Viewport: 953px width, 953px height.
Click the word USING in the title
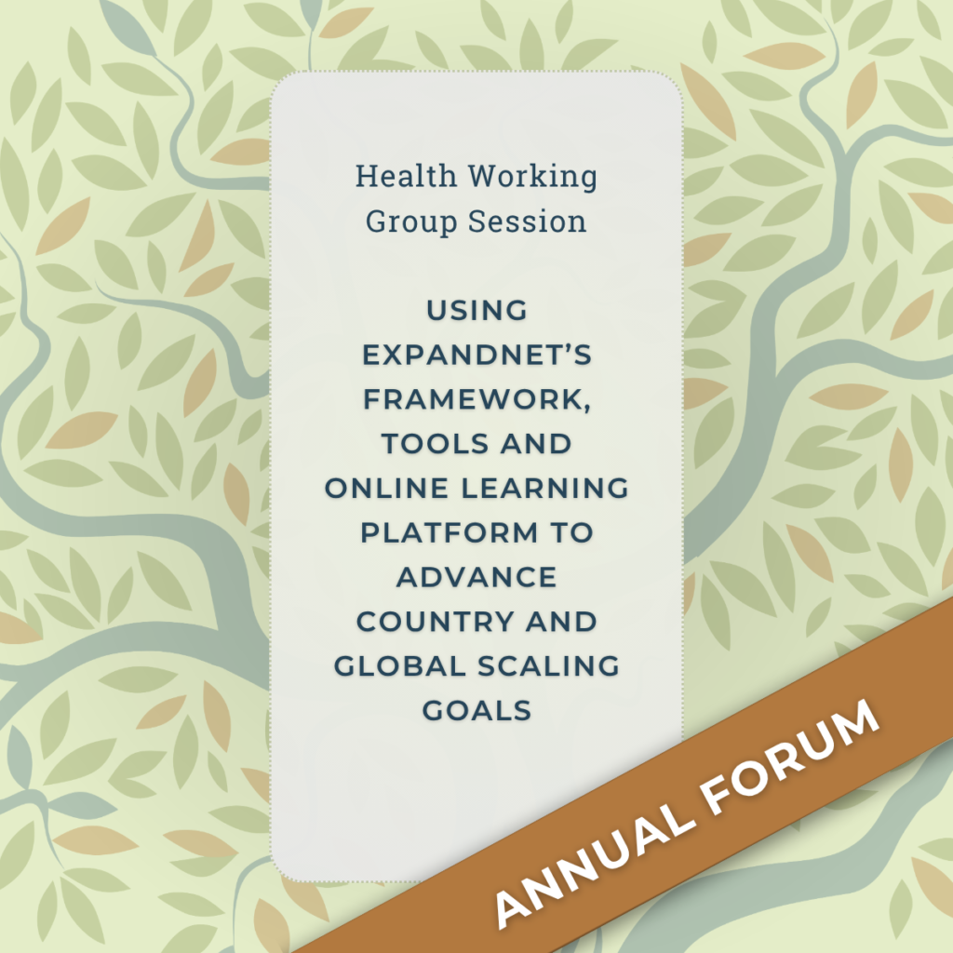(x=476, y=310)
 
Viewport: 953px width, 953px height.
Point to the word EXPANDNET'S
(x=476, y=355)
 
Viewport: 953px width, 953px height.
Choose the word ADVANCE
(x=476, y=577)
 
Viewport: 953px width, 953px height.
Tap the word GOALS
(x=476, y=711)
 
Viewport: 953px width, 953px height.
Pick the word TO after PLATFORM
(x=570, y=532)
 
